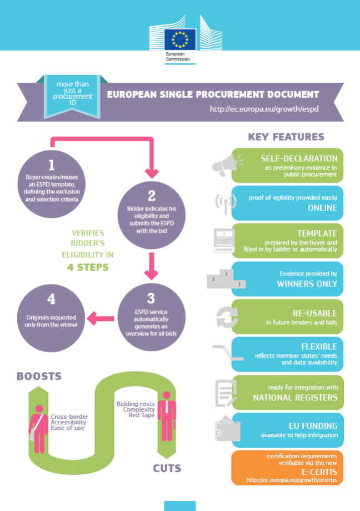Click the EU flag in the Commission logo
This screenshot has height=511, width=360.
180,39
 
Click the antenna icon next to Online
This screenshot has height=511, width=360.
226,203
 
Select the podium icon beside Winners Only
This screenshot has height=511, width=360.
226,279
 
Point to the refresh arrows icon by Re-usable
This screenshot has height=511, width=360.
227,317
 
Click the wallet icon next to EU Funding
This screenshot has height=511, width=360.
228,429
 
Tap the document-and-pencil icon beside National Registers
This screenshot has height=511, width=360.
226,393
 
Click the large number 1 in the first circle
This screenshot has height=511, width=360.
52,165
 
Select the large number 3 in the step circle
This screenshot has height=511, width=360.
151,298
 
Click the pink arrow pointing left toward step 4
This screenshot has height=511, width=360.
101,318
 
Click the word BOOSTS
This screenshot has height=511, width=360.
39,376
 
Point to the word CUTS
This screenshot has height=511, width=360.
167,468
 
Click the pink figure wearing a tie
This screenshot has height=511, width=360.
167,417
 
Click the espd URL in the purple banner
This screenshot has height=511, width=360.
264,109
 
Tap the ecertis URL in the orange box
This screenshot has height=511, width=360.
292,480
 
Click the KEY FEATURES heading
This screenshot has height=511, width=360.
286,137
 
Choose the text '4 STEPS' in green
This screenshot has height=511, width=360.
88,267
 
